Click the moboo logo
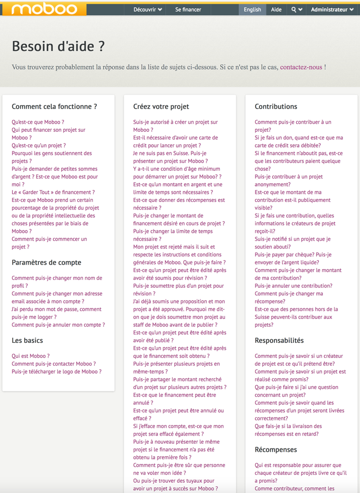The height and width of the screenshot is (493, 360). (x=43, y=8)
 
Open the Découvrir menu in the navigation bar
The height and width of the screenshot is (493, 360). (x=147, y=9)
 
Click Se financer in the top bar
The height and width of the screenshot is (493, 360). (x=188, y=9)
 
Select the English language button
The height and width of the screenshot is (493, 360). (x=252, y=9)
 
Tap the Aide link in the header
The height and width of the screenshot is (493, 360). (x=276, y=9)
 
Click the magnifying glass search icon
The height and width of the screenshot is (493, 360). (x=294, y=9)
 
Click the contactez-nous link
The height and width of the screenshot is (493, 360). (x=301, y=67)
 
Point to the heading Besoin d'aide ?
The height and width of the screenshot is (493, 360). (x=59, y=46)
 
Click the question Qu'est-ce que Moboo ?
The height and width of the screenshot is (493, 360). (x=38, y=122)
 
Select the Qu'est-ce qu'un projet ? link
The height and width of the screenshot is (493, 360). (x=39, y=145)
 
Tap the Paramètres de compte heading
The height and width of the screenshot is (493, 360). (x=46, y=262)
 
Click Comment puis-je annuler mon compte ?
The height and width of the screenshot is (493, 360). (x=59, y=325)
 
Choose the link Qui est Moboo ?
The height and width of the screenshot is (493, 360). (x=31, y=356)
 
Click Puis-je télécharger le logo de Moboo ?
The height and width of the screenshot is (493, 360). (x=57, y=371)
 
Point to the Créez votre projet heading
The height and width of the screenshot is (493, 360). (x=161, y=106)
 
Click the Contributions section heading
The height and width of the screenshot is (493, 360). (x=276, y=106)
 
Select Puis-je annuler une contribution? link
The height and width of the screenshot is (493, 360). (x=293, y=286)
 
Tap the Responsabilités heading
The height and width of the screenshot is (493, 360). (x=279, y=341)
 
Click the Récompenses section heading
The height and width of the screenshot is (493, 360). (x=276, y=450)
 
